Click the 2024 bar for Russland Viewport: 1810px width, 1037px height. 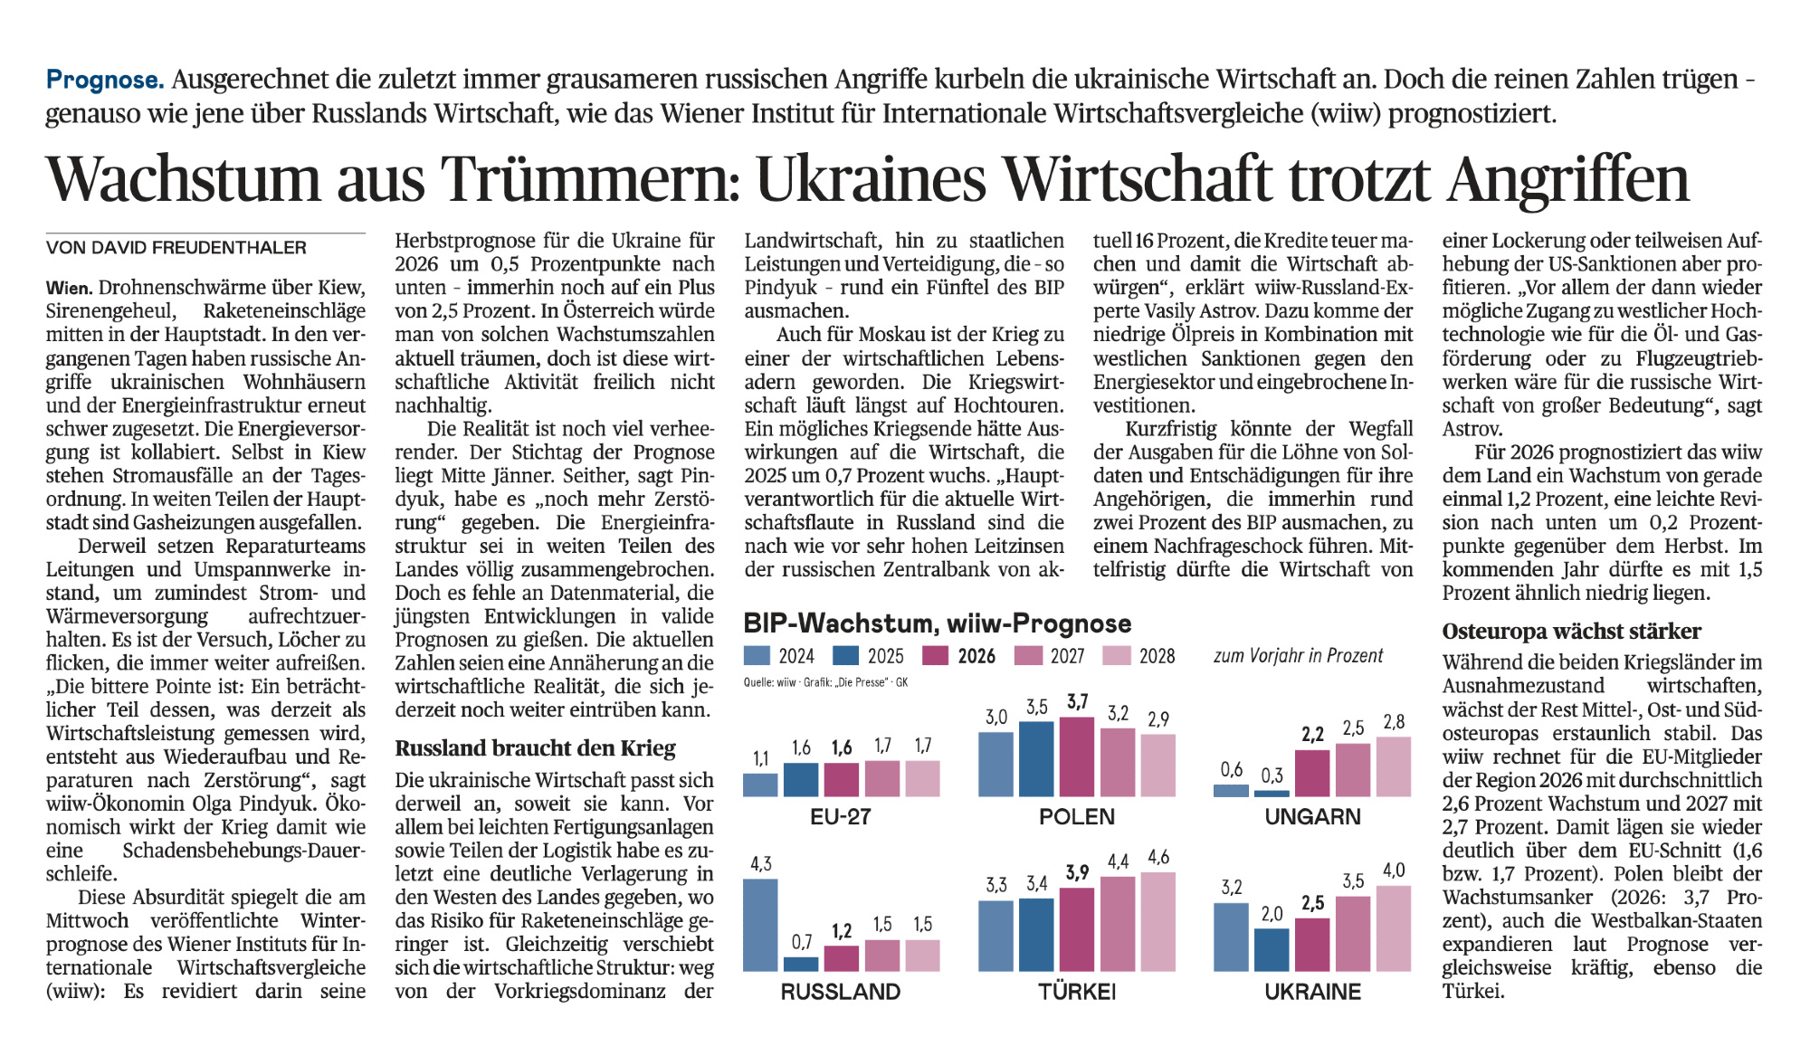[760, 925]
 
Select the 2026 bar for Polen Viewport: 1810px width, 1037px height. [1077, 756]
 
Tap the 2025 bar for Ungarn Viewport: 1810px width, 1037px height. [1272, 793]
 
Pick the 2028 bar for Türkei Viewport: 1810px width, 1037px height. [1158, 921]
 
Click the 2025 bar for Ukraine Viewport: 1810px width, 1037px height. [1272, 949]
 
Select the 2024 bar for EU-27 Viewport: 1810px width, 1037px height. [760, 785]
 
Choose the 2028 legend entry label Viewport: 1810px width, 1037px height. [1157, 656]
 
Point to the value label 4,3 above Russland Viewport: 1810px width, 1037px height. [761, 864]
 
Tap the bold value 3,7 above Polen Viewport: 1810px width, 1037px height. [1077, 702]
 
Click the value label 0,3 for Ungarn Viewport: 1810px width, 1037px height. [1272, 775]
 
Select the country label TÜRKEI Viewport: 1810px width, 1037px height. [1077, 992]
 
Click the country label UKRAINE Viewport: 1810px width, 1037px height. [1312, 992]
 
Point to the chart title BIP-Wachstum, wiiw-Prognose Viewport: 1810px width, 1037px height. [937, 623]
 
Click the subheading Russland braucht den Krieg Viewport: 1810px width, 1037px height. [535, 748]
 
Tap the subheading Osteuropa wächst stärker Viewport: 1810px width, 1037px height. [1571, 632]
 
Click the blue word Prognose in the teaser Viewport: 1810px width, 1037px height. [105, 80]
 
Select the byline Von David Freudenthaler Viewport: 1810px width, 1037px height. [176, 248]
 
